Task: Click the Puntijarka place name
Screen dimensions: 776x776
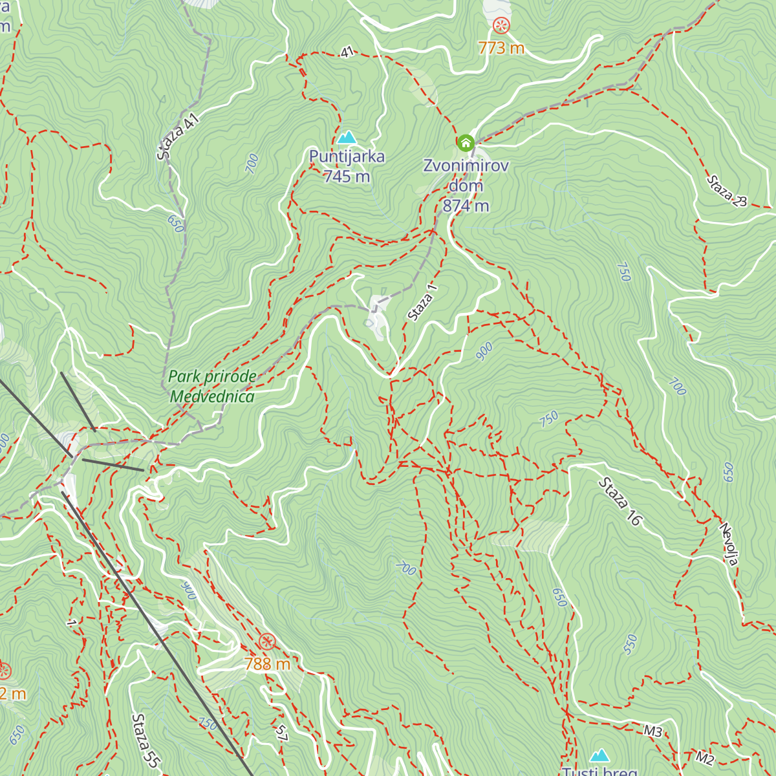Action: (347, 156)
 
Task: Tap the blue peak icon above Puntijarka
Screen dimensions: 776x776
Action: (347, 137)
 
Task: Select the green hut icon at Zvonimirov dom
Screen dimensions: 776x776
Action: (465, 143)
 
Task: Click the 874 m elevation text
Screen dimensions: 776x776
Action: (466, 206)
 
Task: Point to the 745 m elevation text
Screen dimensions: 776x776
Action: (347, 176)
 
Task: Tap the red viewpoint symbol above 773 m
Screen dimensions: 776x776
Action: (501, 26)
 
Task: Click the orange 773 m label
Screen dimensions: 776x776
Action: (501, 48)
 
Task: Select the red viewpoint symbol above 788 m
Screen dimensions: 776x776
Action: (267, 641)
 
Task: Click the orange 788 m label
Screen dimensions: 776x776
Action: (267, 663)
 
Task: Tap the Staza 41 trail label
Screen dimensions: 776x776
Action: (177, 136)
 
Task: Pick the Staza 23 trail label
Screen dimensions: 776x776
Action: (726, 191)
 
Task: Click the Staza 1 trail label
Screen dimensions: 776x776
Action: (422, 302)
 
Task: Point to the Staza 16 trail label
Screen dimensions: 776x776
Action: (620, 501)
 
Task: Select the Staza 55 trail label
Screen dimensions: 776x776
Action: (145, 740)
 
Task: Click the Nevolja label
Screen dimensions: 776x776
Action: (729, 544)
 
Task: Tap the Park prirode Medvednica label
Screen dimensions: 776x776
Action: (212, 386)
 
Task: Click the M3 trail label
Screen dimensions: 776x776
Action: (653, 731)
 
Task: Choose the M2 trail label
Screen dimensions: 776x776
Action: (705, 757)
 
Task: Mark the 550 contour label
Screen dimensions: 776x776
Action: (630, 644)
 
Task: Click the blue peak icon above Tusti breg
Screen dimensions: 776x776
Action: (600, 755)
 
